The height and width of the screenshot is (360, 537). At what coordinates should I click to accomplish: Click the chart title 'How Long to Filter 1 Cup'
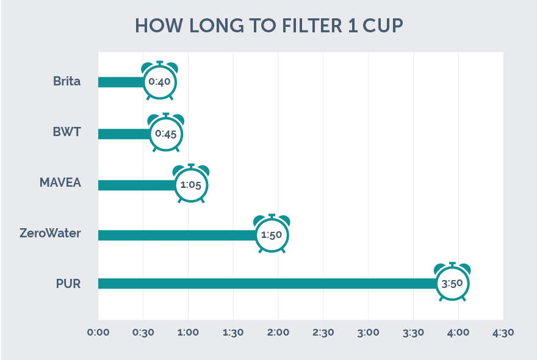pyautogui.click(x=268, y=26)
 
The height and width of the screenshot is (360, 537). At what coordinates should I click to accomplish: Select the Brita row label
pyautogui.click(x=67, y=81)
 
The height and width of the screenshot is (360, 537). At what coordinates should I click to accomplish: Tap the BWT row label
pyautogui.click(x=67, y=133)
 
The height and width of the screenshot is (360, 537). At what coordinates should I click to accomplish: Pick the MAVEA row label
pyautogui.click(x=60, y=183)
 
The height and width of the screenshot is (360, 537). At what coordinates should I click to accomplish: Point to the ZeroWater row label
pyautogui.click(x=50, y=234)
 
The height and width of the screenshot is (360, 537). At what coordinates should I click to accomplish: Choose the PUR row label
pyautogui.click(x=67, y=283)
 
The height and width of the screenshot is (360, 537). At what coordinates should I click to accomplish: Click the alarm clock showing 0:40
pyautogui.click(x=159, y=82)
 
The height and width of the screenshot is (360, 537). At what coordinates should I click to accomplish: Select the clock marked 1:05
pyautogui.click(x=191, y=184)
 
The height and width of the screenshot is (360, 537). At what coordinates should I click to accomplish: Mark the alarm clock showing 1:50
pyautogui.click(x=272, y=235)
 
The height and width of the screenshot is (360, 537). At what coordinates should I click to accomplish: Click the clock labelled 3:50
pyautogui.click(x=452, y=284)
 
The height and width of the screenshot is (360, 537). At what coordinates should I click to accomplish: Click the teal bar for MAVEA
pyautogui.click(x=135, y=184)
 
